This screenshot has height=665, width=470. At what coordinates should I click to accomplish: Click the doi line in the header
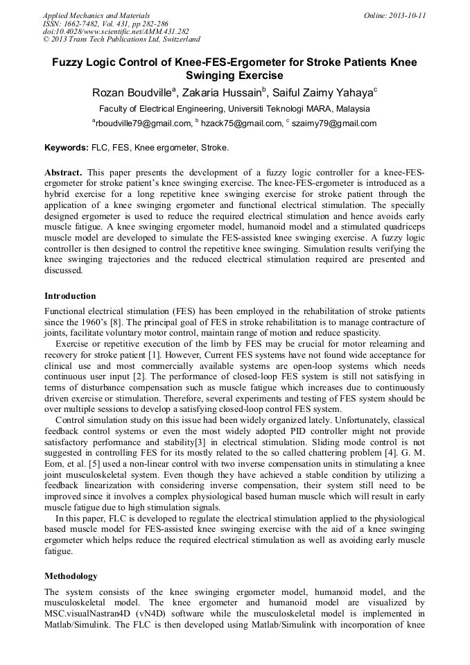(116, 31)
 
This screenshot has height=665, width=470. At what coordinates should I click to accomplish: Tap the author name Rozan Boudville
(132, 93)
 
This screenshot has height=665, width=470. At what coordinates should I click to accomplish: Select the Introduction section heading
(70, 296)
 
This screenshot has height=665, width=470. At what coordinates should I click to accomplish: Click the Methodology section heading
(71, 576)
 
